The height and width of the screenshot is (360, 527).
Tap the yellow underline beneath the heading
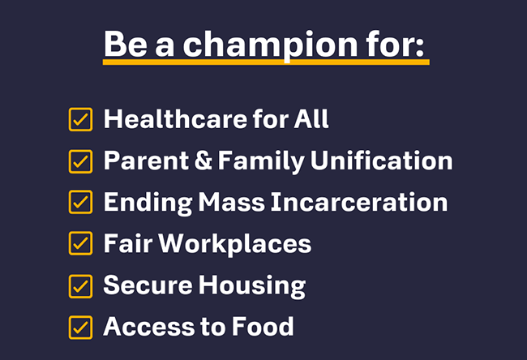click(x=266, y=62)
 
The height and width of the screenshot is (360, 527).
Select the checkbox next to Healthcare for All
click(x=80, y=119)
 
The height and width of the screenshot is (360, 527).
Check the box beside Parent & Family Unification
click(x=80, y=161)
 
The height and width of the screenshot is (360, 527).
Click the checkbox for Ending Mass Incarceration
click(x=80, y=202)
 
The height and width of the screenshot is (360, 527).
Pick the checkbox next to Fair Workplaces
click(x=80, y=243)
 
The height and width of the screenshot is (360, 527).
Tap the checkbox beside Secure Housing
click(x=80, y=286)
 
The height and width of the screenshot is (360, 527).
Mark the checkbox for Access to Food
click(x=80, y=328)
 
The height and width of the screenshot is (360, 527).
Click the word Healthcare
click(x=175, y=119)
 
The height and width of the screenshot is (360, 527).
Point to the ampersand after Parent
click(x=204, y=161)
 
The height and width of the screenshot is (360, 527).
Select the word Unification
click(x=382, y=161)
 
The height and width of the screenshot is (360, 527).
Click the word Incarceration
click(x=359, y=202)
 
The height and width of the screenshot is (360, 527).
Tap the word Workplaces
click(x=235, y=244)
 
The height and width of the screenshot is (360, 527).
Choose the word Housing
click(x=252, y=286)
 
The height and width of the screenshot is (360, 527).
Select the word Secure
click(x=148, y=285)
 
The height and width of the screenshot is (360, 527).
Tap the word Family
click(x=262, y=161)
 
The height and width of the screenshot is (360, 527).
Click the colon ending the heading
click(x=420, y=47)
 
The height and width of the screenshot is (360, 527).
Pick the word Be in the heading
click(x=126, y=44)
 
